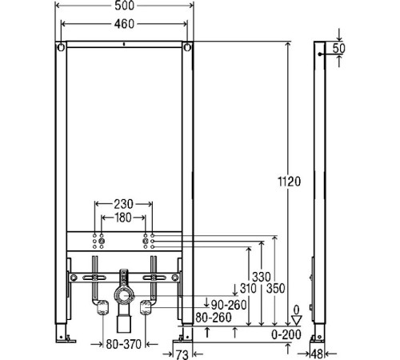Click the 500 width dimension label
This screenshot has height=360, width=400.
(x=124, y=6)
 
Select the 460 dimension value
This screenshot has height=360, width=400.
(x=124, y=24)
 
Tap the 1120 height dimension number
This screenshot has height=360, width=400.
(x=290, y=182)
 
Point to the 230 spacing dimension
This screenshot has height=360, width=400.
(x=123, y=204)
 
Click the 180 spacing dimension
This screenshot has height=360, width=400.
(x=123, y=218)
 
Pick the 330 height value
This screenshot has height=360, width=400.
(x=262, y=277)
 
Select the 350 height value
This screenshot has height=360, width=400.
(x=276, y=288)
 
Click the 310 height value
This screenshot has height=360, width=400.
(x=248, y=288)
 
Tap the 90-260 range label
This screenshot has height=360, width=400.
(x=229, y=305)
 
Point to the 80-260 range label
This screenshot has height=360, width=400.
(x=214, y=318)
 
